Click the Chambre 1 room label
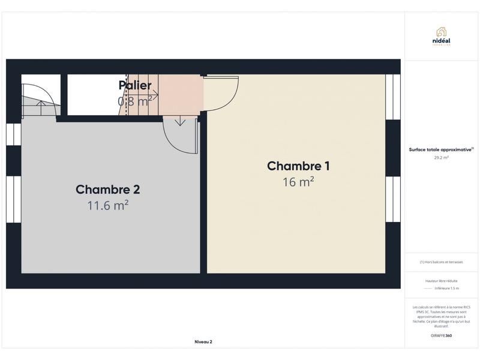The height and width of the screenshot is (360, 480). [x=298, y=166]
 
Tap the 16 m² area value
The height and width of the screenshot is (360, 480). [x=298, y=182]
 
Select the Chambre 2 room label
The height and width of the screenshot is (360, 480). [x=108, y=190]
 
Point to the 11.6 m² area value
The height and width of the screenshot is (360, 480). [x=108, y=206]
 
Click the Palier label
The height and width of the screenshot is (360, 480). [x=135, y=85]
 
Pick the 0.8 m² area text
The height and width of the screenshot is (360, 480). [x=134, y=101]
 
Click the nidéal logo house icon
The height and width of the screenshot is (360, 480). [x=441, y=31]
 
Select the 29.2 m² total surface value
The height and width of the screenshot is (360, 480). [x=441, y=158]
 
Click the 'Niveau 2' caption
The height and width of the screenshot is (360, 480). [x=203, y=341]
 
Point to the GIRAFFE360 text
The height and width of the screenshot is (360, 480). [x=441, y=335]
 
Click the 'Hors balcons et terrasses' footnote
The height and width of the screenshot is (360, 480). [x=441, y=262]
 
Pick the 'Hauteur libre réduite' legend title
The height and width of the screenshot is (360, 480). [x=441, y=280]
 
